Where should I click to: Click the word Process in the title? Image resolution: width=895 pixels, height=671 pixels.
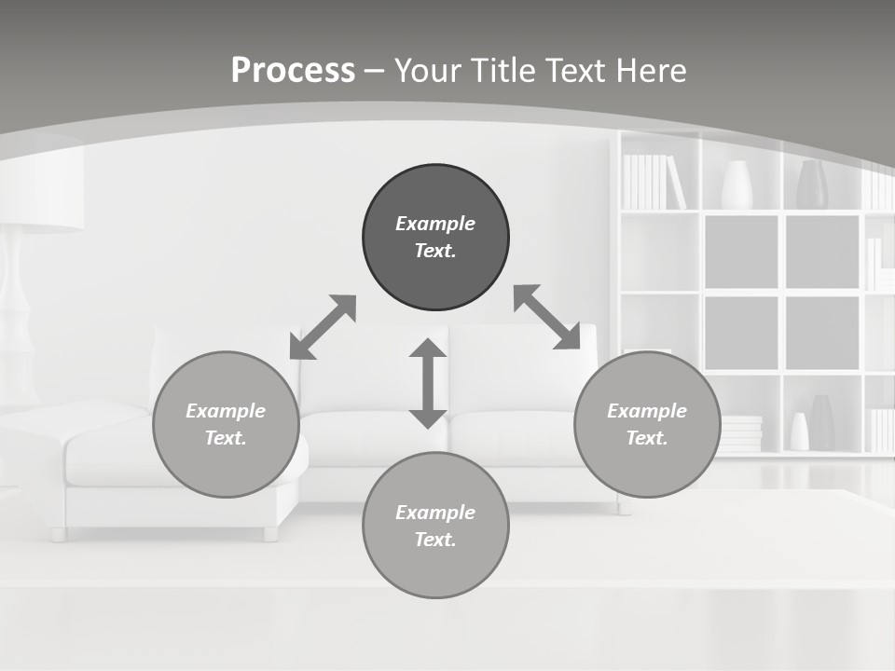tap(293, 70)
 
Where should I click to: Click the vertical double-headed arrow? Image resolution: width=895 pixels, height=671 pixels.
tap(428, 383)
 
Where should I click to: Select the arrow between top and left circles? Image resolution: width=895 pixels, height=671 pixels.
tap(323, 327)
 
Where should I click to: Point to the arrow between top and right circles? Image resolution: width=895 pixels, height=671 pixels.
tap(546, 317)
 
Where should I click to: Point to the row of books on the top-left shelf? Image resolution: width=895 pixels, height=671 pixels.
tap(653, 182)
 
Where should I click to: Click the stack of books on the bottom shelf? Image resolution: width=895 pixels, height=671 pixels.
tap(742, 434)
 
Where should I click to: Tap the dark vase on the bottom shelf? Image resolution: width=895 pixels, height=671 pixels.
tap(822, 421)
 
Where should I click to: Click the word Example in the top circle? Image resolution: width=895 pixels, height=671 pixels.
tap(435, 224)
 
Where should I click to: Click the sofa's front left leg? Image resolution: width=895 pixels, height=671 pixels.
tap(58, 534)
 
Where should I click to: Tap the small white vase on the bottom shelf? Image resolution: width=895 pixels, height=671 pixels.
tap(799, 431)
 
